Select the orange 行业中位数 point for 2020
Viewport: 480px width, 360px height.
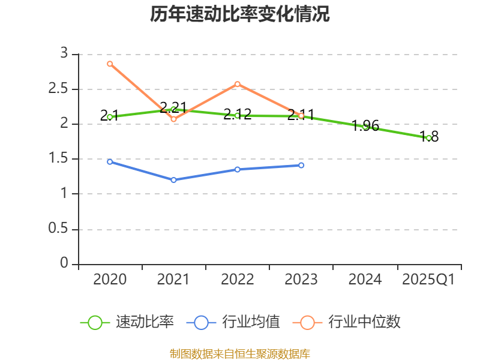[110, 64]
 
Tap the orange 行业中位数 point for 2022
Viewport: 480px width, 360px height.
[238, 84]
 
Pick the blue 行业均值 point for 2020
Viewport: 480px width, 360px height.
[110, 162]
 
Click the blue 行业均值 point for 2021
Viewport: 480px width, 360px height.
[173, 180]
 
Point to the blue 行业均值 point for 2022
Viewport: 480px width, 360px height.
[238, 169]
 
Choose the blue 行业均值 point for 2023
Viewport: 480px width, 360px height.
[301, 165]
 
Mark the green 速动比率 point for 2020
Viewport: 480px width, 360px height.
[110, 117]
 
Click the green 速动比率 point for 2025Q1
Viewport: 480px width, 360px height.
[428, 138]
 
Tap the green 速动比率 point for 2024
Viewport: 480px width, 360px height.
[365, 126]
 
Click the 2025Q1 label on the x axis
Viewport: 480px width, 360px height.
[428, 280]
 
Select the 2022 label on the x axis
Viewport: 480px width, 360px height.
[238, 280]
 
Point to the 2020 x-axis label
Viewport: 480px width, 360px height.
[110, 280]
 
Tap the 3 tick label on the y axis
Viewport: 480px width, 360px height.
[65, 53]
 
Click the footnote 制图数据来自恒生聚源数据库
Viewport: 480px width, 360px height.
[240, 353]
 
